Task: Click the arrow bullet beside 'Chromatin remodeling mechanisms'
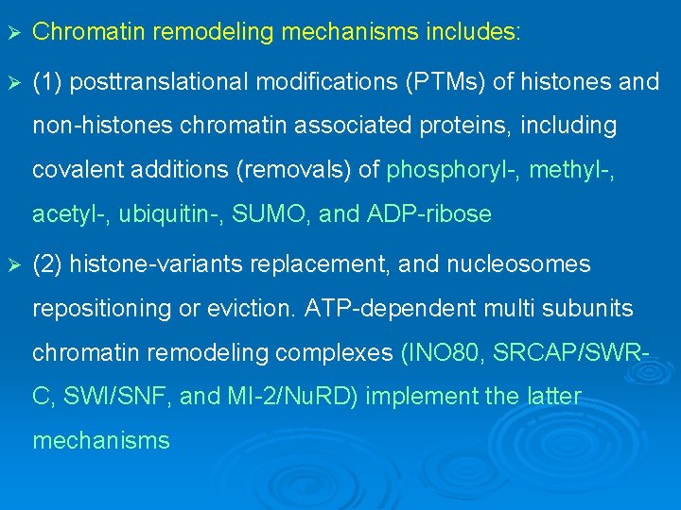point(12,32)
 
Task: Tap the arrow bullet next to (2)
point(12,265)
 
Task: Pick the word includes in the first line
point(473,32)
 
